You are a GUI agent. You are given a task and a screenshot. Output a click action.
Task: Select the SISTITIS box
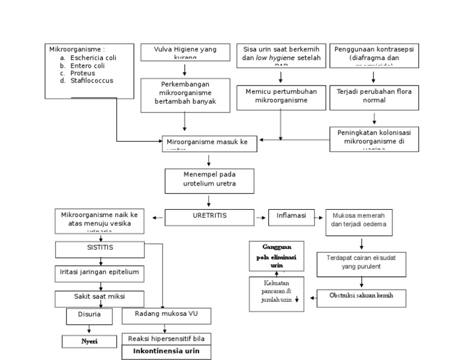(100, 249)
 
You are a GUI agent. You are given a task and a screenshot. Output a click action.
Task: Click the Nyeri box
(90, 341)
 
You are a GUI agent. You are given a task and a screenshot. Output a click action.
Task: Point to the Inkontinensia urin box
(167, 352)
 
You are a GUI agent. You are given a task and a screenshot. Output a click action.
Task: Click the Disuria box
(89, 316)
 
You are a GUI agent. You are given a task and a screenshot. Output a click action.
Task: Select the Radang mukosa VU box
(167, 315)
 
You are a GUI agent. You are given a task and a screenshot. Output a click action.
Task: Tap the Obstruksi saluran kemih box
(361, 298)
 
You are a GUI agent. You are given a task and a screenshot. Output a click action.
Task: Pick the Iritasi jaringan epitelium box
(100, 273)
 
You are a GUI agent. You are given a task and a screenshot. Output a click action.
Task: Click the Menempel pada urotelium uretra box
(209, 180)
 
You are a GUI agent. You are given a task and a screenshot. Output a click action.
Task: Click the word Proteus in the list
(83, 73)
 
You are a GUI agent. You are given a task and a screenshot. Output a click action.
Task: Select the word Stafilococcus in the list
(91, 80)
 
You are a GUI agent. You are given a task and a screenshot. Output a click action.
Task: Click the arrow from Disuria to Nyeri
(89, 328)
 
